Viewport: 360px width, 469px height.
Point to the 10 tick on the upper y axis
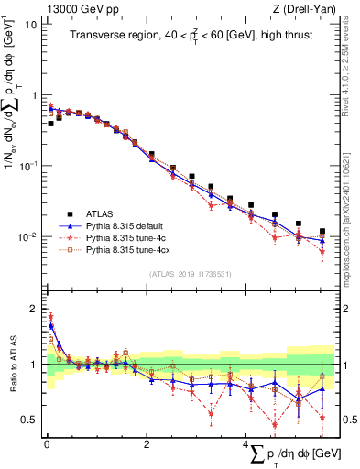(x=31, y=24)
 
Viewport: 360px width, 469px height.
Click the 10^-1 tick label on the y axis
(x=27, y=166)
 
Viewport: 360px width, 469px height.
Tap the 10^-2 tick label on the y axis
(x=27, y=236)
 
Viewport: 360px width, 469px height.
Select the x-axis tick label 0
(x=46, y=443)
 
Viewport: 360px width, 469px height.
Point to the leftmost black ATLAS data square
(x=50, y=123)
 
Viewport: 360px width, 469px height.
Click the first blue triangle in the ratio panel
(x=50, y=325)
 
